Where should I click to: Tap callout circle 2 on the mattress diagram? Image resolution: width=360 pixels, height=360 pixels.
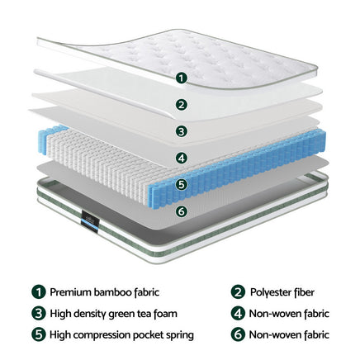[x=182, y=105]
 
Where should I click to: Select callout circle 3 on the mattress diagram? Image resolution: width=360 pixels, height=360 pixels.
[x=182, y=131]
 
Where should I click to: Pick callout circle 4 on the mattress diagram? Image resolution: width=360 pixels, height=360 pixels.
[x=182, y=158]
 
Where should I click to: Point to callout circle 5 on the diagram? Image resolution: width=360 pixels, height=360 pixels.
[x=182, y=184]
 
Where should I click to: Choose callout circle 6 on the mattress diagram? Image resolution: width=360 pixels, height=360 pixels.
[x=182, y=211]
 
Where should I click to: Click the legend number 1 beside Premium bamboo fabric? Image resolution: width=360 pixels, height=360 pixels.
[x=38, y=291]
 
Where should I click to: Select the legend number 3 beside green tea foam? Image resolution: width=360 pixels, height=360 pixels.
[x=38, y=313]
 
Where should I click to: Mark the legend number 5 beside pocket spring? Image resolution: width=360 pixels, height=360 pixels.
[x=38, y=334]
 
